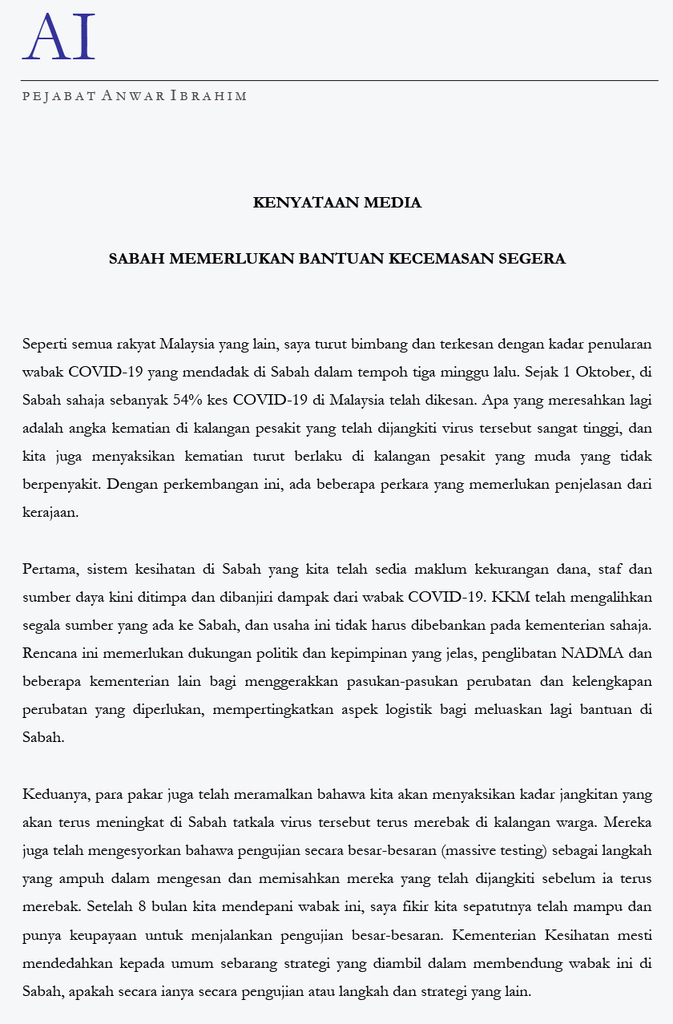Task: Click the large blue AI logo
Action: point(58,37)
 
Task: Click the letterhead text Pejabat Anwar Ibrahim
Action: point(135,96)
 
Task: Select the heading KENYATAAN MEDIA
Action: point(336,203)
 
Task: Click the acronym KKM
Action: point(505,598)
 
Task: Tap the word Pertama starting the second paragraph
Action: point(50,570)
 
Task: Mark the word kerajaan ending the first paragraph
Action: point(50,513)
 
